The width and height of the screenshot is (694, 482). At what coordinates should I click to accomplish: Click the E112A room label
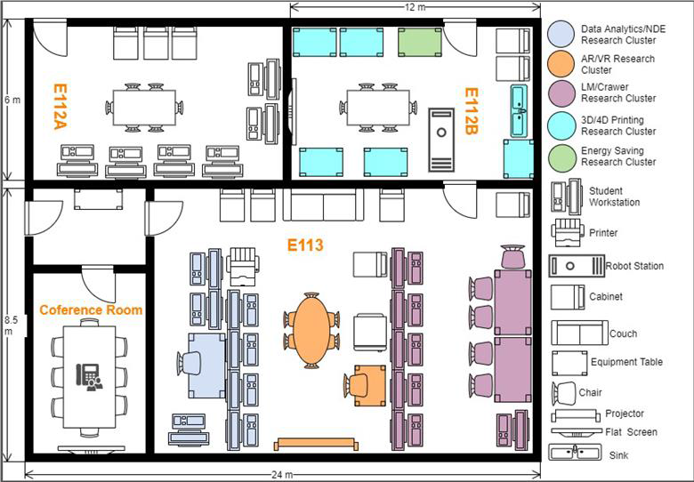[x=61, y=106]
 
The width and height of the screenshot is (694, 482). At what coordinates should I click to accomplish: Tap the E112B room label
[x=471, y=110]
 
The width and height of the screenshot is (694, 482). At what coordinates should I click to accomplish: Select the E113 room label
[x=305, y=245]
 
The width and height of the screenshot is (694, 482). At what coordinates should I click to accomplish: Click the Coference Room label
[x=91, y=309]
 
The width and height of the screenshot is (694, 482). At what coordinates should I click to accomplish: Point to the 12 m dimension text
[x=414, y=7]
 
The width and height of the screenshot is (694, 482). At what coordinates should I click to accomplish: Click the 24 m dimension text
[x=282, y=475]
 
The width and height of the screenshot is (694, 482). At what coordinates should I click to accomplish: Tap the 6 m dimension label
[x=12, y=100]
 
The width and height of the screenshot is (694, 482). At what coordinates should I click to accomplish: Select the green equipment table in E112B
[x=420, y=43]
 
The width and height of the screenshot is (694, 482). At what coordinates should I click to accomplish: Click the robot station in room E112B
[x=441, y=140]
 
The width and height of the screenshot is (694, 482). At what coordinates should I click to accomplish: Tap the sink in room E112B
[x=520, y=110]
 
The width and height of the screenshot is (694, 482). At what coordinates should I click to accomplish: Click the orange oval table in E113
[x=311, y=329]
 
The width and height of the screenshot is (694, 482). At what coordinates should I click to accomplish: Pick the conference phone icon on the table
[x=89, y=377]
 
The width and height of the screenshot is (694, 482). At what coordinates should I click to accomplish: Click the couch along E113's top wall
[x=323, y=205]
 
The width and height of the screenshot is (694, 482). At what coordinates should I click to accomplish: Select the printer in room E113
[x=243, y=267]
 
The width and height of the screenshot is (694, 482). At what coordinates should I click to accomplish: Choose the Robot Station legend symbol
[x=577, y=266]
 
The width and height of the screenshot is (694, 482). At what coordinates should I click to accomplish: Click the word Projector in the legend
[x=625, y=414]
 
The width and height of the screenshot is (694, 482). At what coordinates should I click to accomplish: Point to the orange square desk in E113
[x=369, y=385]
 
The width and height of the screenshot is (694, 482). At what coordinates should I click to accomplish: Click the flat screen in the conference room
[x=91, y=450]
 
